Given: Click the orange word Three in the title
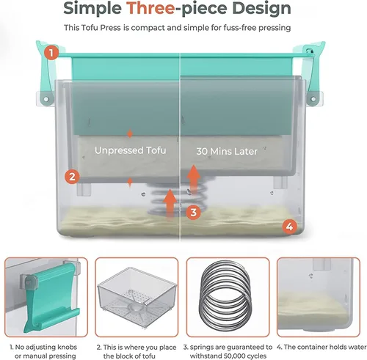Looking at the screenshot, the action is [150, 8].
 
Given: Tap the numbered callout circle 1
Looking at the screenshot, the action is [51, 53].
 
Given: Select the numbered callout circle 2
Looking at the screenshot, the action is [72, 177].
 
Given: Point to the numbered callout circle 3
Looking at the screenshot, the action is [194, 212].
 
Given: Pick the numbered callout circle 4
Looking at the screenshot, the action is [290, 227].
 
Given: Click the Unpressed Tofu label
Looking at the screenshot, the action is [131, 150].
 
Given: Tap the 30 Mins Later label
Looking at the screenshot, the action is [227, 152].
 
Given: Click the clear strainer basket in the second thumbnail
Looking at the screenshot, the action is [137, 296].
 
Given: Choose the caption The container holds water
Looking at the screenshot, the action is [321, 347].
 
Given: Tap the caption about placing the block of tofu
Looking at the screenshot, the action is [137, 351].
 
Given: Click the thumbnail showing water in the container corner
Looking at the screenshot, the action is [319, 297].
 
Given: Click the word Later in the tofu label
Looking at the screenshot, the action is [246, 152].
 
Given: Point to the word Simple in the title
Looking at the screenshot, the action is [92, 8].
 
